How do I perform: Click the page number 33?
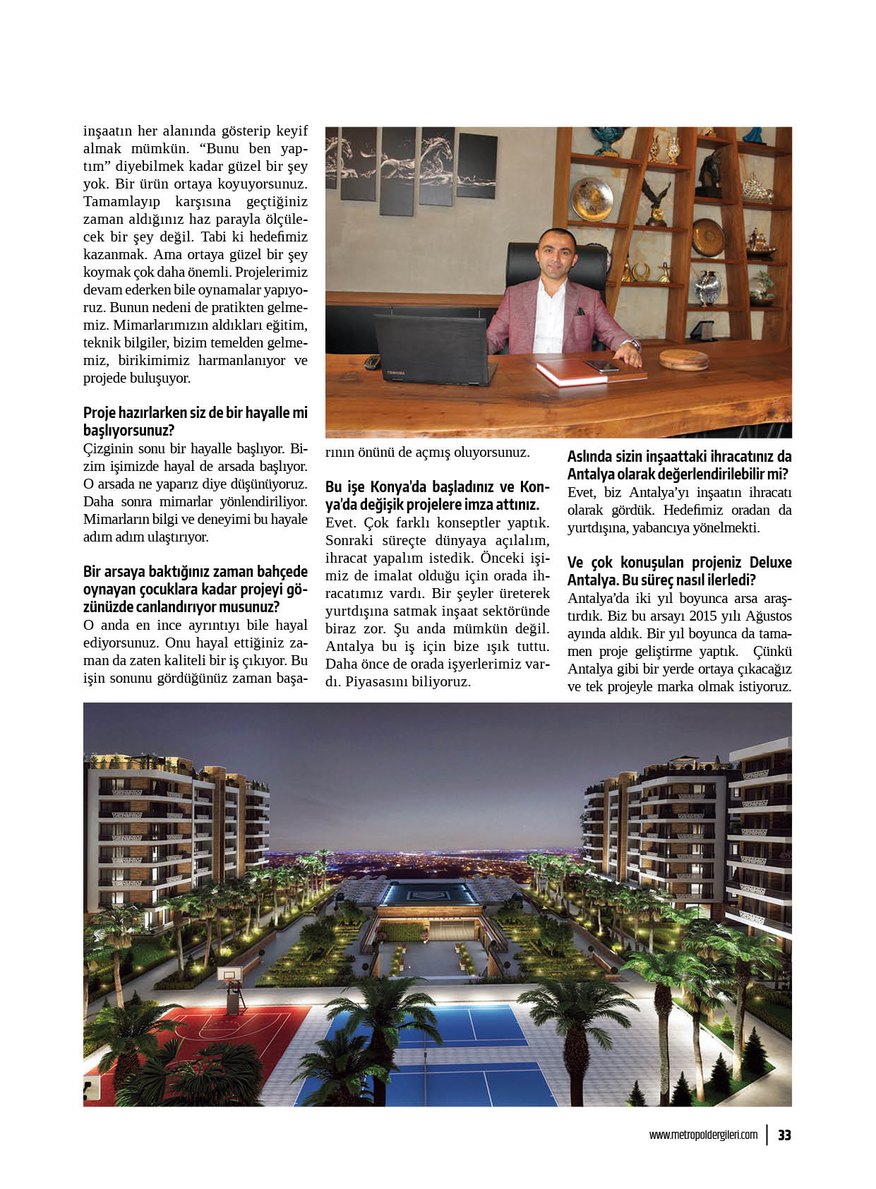pyautogui.click(x=784, y=1135)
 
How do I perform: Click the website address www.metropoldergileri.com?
pyautogui.click(x=703, y=1135)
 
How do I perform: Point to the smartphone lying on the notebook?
pyautogui.click(x=601, y=365)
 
